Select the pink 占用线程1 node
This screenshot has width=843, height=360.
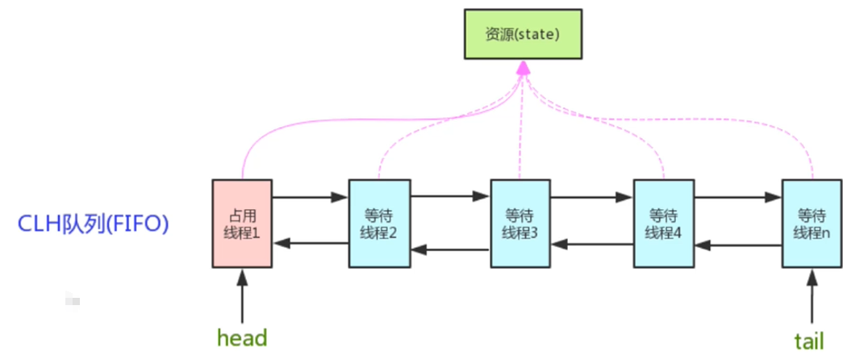click(x=241, y=224)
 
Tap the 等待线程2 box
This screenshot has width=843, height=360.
click(x=378, y=224)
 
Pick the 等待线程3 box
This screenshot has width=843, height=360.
click(x=521, y=224)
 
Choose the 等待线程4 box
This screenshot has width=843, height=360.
click(x=664, y=224)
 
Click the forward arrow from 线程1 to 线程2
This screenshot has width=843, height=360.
click(x=310, y=196)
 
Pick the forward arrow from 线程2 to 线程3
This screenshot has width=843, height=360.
click(x=450, y=196)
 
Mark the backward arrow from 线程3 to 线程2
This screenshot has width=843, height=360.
click(x=450, y=250)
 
